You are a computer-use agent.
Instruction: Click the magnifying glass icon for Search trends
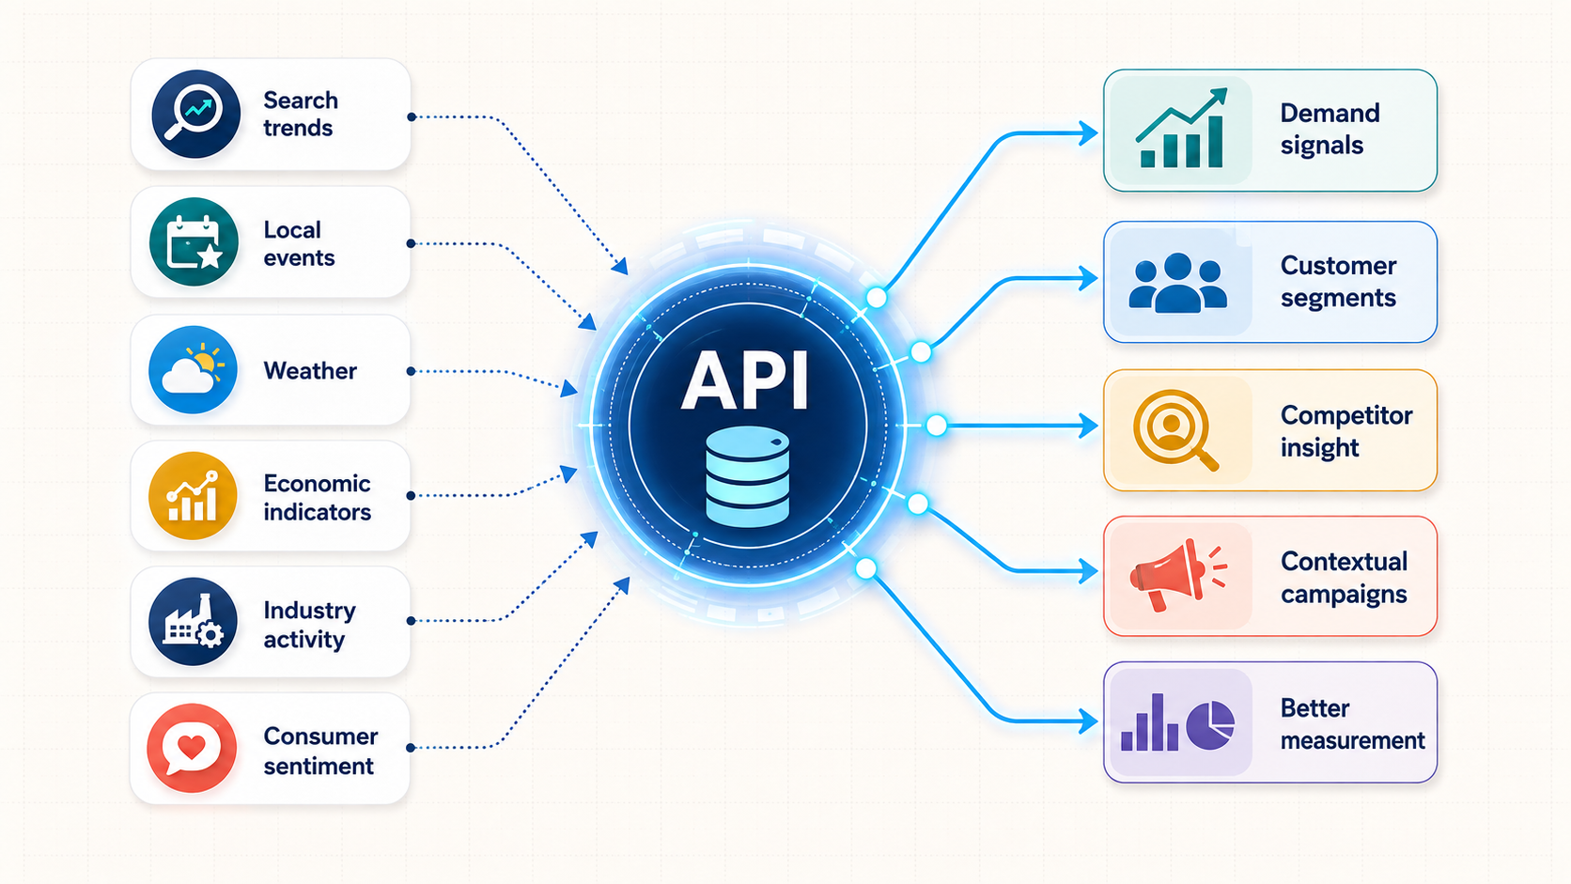coord(195,114)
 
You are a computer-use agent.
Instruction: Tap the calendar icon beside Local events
coord(194,241)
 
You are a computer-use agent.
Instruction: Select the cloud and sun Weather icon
coord(193,369)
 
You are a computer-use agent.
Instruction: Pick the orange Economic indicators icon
coord(193,496)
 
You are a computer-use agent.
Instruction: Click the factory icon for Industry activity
coord(193,621)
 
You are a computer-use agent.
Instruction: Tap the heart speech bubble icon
coord(192,748)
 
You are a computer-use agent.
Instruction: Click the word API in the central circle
coord(745,380)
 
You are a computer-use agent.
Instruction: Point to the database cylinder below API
coord(747,476)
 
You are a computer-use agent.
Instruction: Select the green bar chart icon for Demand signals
coord(1182,129)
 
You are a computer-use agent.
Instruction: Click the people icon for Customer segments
coord(1178,283)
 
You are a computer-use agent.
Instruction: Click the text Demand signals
coord(1330,129)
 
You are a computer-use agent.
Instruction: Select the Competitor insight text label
coord(1345,431)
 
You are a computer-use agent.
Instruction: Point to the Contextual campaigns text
coord(1344,578)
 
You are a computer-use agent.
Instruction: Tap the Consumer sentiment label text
coord(320,751)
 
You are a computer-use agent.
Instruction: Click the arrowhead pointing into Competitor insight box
coord(1088,426)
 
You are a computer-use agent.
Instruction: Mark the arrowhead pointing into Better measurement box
coord(1088,721)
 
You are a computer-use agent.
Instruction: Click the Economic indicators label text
coord(317,498)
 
